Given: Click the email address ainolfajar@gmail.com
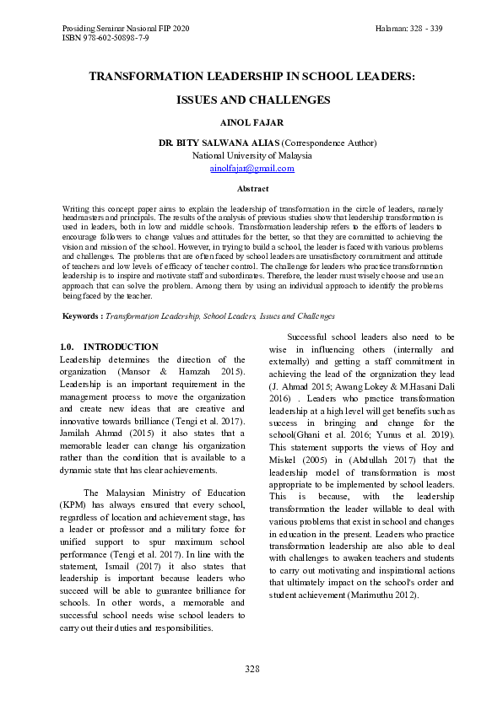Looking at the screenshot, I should [x=251, y=168].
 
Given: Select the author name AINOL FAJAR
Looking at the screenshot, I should [x=251, y=122].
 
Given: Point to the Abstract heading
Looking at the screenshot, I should [x=252, y=189].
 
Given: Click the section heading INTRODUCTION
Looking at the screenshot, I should [x=121, y=347].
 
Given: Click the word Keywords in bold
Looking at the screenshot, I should [x=83, y=315].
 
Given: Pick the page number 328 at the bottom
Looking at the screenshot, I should [x=251, y=669].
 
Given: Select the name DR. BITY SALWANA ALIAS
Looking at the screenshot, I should [x=219, y=143].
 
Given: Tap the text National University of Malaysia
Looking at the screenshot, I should [x=251, y=155].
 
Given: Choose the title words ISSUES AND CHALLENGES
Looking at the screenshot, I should [x=252, y=100].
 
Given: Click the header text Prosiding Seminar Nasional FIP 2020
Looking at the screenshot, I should [x=126, y=28].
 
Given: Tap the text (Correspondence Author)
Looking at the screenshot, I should [x=328, y=143].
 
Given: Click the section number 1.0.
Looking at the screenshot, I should [x=69, y=347].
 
